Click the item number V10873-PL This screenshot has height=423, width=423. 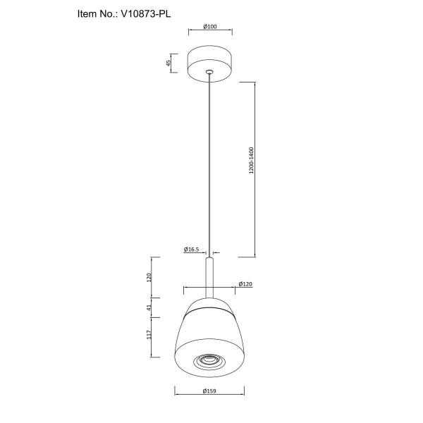coord(146,14)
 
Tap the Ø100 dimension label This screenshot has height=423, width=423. coord(210,27)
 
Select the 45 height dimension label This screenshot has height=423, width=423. coord(168,63)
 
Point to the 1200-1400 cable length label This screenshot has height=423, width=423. coord(252,160)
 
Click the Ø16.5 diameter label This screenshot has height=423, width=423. coord(191,250)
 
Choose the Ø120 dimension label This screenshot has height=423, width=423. coord(245,284)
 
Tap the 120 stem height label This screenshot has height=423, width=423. coord(149,277)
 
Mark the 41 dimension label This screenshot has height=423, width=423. coord(149,307)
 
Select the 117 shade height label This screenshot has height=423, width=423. coord(149,335)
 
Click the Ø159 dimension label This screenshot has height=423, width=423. coord(209,391)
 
